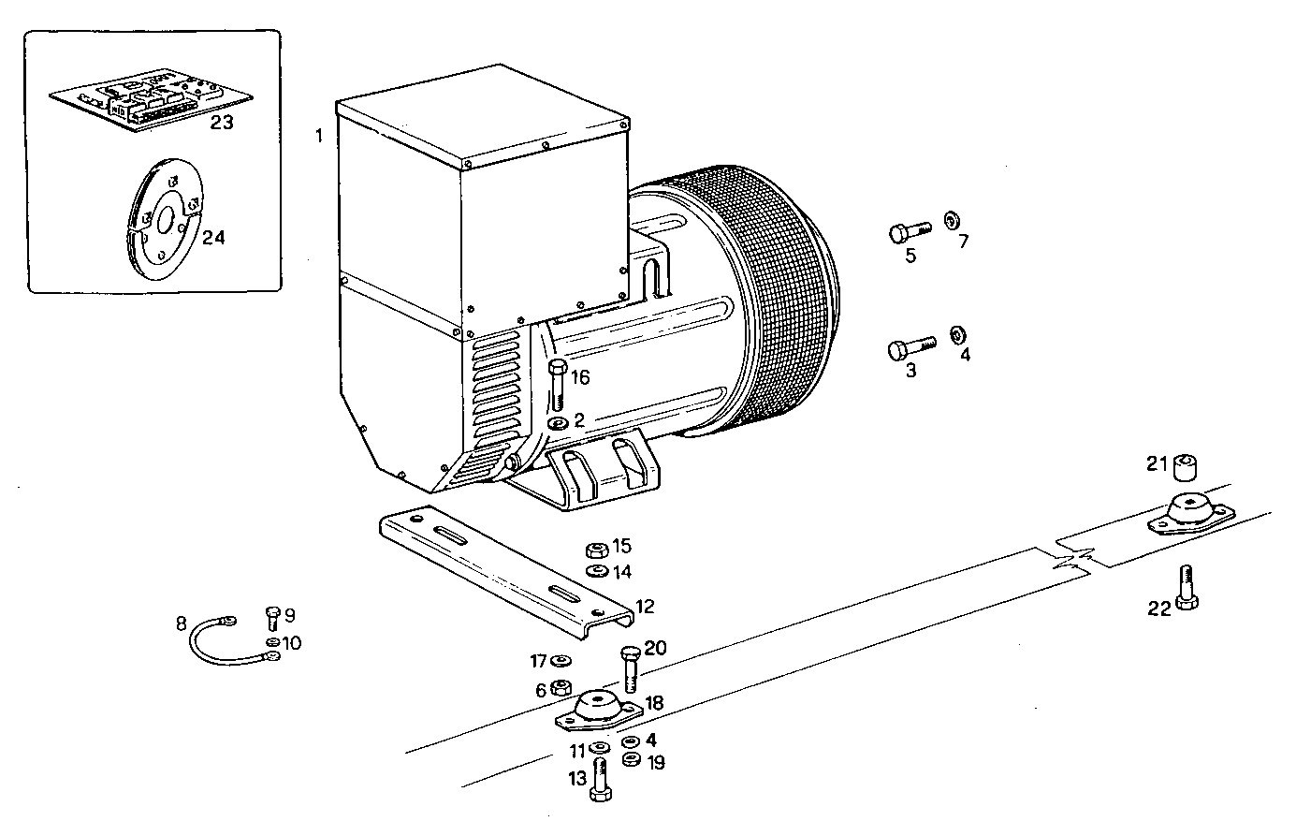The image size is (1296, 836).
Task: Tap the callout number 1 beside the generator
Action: (x=318, y=137)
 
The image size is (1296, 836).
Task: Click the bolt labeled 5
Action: (x=907, y=229)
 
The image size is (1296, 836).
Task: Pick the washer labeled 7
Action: (x=950, y=219)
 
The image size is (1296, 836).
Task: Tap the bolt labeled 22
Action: (x=1187, y=586)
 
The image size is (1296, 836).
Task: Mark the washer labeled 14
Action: (x=594, y=571)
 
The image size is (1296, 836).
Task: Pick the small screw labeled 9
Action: (x=273, y=617)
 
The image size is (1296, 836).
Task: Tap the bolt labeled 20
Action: (x=629, y=667)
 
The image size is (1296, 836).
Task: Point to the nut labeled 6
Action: (x=561, y=689)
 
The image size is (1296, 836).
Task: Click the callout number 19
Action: (x=656, y=763)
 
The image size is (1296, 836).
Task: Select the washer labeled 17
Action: (x=563, y=662)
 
